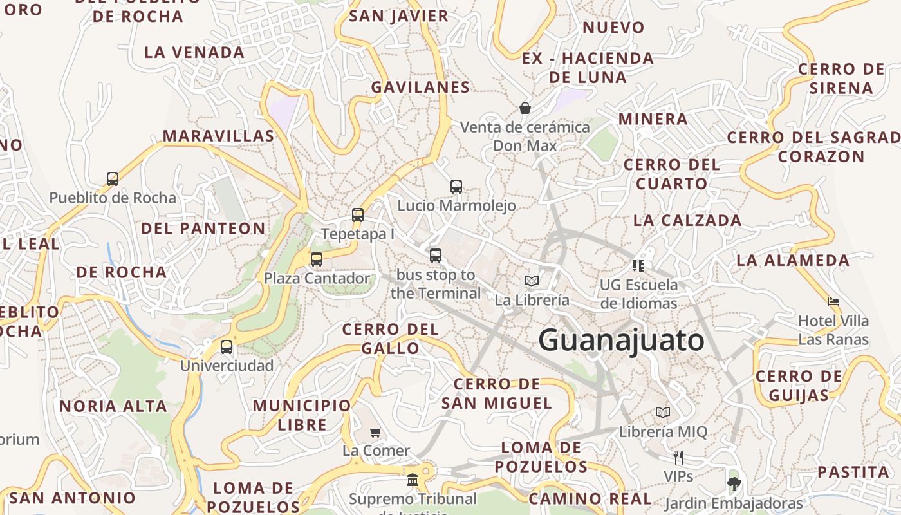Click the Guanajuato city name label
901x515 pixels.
(x=621, y=340)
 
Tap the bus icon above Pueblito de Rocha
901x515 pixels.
(x=113, y=178)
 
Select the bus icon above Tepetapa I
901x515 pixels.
(x=358, y=215)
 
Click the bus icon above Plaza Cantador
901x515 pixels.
(x=317, y=259)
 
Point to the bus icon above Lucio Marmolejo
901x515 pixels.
(x=456, y=187)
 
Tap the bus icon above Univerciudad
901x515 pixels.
(x=227, y=347)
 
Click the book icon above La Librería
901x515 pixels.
(x=532, y=281)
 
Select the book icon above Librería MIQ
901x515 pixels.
(x=663, y=412)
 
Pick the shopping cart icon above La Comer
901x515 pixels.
(x=376, y=432)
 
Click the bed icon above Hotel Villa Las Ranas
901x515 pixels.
(x=833, y=301)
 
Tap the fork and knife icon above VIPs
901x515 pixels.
(x=678, y=458)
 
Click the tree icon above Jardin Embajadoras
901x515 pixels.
(x=734, y=483)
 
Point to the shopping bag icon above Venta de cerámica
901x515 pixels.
(x=525, y=108)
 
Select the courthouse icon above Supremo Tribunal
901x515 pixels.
(x=413, y=480)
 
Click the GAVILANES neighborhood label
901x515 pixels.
(x=420, y=87)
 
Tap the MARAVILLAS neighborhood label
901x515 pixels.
(x=218, y=136)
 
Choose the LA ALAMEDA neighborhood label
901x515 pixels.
(x=793, y=260)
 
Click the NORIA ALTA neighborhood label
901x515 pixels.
(x=113, y=407)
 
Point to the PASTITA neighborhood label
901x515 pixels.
(x=853, y=472)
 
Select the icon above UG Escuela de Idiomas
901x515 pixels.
(x=638, y=265)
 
